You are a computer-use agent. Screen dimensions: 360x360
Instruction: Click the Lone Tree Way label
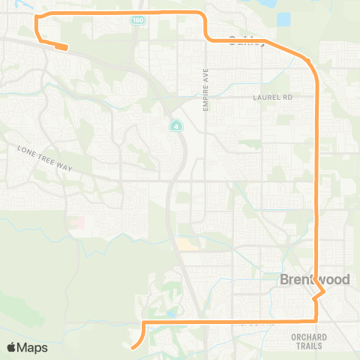44,159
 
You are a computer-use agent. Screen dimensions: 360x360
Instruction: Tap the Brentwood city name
308,279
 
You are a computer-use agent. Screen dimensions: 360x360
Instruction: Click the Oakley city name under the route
247,40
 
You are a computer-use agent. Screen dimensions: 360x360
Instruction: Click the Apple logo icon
11,347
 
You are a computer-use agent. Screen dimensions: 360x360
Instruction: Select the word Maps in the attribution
32,347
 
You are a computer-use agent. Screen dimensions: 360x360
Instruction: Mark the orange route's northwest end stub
65,47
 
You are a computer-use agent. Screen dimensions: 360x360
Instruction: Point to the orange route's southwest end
132,347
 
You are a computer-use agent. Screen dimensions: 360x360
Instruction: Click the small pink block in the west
78,223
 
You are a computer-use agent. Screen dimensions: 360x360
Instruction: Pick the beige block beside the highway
184,244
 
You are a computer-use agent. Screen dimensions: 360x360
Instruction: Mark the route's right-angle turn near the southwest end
142,322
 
